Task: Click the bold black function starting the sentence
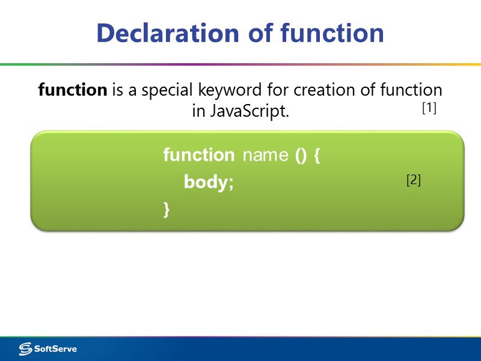click(x=72, y=90)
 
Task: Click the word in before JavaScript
click(x=198, y=112)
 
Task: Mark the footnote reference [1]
click(x=429, y=109)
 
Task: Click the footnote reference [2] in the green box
click(x=414, y=180)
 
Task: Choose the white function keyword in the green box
click(x=198, y=155)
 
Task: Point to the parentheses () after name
click(x=301, y=155)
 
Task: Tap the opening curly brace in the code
click(x=317, y=155)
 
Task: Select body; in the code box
click(x=208, y=182)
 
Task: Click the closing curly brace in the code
click(x=166, y=209)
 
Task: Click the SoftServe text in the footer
click(x=55, y=349)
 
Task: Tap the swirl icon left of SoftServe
click(x=25, y=349)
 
